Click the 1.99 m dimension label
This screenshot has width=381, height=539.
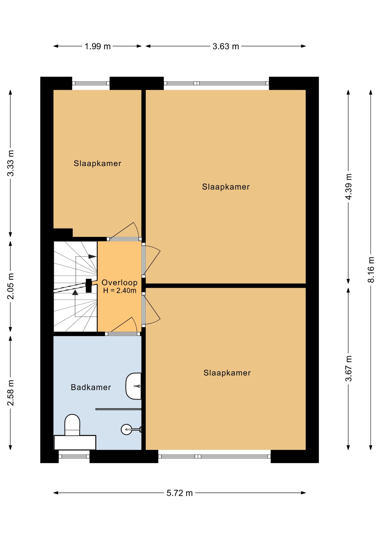pos(98,46)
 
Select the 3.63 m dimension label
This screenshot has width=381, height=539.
pos(226,46)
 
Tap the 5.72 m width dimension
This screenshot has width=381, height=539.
pos(180,493)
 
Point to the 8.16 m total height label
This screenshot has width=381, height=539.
pos(371,269)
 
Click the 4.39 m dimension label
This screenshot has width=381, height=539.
pos(348,187)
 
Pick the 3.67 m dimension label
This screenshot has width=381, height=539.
pos(348,369)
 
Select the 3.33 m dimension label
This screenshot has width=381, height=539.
pos(10,163)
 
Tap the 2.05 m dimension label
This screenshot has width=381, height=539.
pos(10,286)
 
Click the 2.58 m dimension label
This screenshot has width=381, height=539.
pos(10,393)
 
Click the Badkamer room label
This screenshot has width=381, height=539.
pos(91,387)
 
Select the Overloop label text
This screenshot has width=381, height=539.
pos(120,282)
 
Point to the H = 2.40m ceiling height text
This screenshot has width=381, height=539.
pos(120,291)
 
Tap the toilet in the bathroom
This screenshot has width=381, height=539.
pos(72,425)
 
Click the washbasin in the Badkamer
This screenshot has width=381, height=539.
pos(134,386)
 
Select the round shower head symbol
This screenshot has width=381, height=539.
pos(127,429)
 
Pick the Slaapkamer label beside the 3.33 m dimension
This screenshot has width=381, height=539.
pos(97,163)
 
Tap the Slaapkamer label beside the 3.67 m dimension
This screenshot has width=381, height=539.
pos(227,373)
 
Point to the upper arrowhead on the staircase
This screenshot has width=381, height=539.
pos(92,257)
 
